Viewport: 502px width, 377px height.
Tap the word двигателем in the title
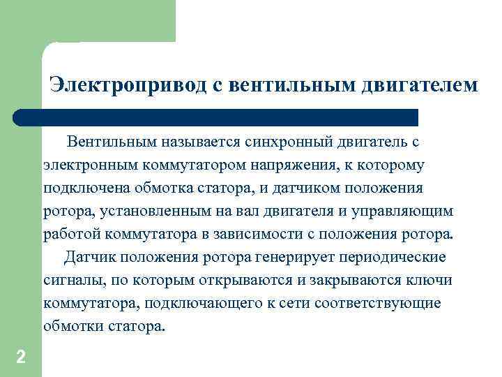420,84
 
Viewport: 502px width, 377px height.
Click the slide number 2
20,357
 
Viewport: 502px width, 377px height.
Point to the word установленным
151,211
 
